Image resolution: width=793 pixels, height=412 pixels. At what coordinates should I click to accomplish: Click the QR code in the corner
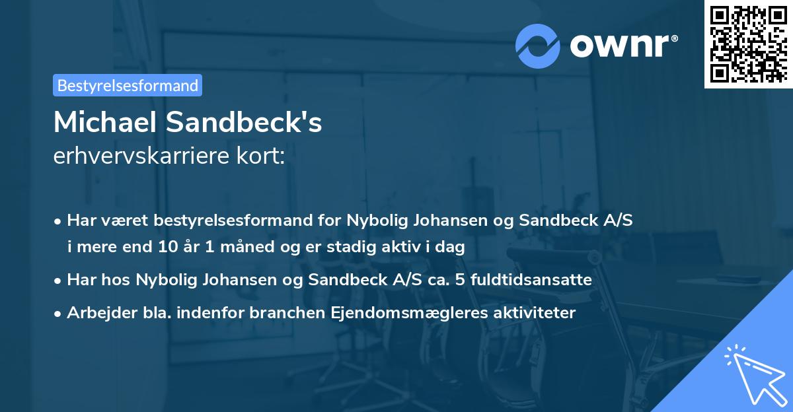(748, 44)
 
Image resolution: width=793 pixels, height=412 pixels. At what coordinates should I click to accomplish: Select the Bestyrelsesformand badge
(128, 85)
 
